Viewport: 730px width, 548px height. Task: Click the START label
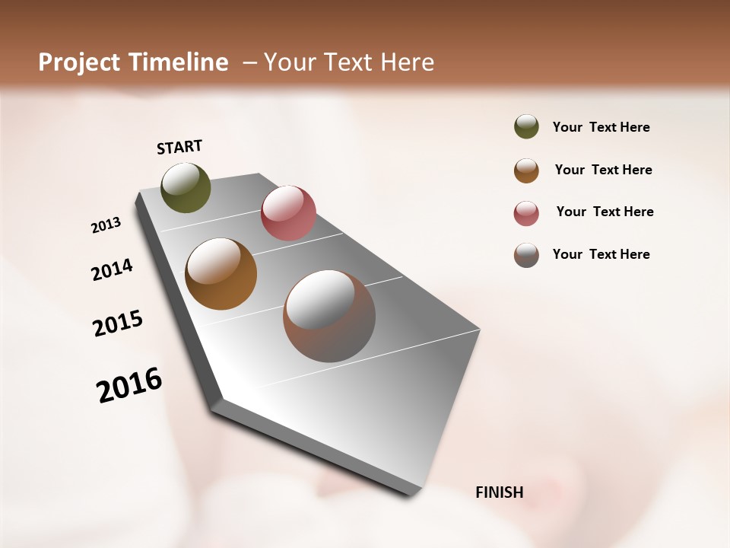pyautogui.click(x=179, y=147)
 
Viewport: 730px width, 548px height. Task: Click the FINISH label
pyautogui.click(x=499, y=492)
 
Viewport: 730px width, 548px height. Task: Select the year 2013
pyautogui.click(x=106, y=225)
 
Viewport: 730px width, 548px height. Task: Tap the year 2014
pyautogui.click(x=112, y=269)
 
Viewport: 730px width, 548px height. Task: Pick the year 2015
pyautogui.click(x=118, y=323)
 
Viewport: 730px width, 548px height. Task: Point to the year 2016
pyautogui.click(x=129, y=384)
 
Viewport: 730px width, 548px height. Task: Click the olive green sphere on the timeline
pyautogui.click(x=186, y=187)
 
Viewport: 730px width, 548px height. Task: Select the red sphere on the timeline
pyautogui.click(x=288, y=212)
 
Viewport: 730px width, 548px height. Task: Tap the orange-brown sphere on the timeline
pyautogui.click(x=221, y=274)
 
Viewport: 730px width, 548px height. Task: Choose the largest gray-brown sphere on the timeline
pyautogui.click(x=329, y=316)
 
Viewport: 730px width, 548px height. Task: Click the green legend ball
pyautogui.click(x=526, y=126)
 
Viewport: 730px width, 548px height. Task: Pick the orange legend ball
pyautogui.click(x=526, y=170)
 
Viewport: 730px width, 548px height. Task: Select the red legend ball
pyautogui.click(x=526, y=213)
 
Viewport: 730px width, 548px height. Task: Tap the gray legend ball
pyautogui.click(x=526, y=255)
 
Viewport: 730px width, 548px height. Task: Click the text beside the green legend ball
pyautogui.click(x=601, y=127)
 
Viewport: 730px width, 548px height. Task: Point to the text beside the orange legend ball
pyautogui.click(x=603, y=170)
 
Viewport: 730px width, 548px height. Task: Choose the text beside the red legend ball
pyautogui.click(x=605, y=212)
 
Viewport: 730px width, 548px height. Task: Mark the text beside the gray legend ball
pyautogui.click(x=601, y=254)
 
